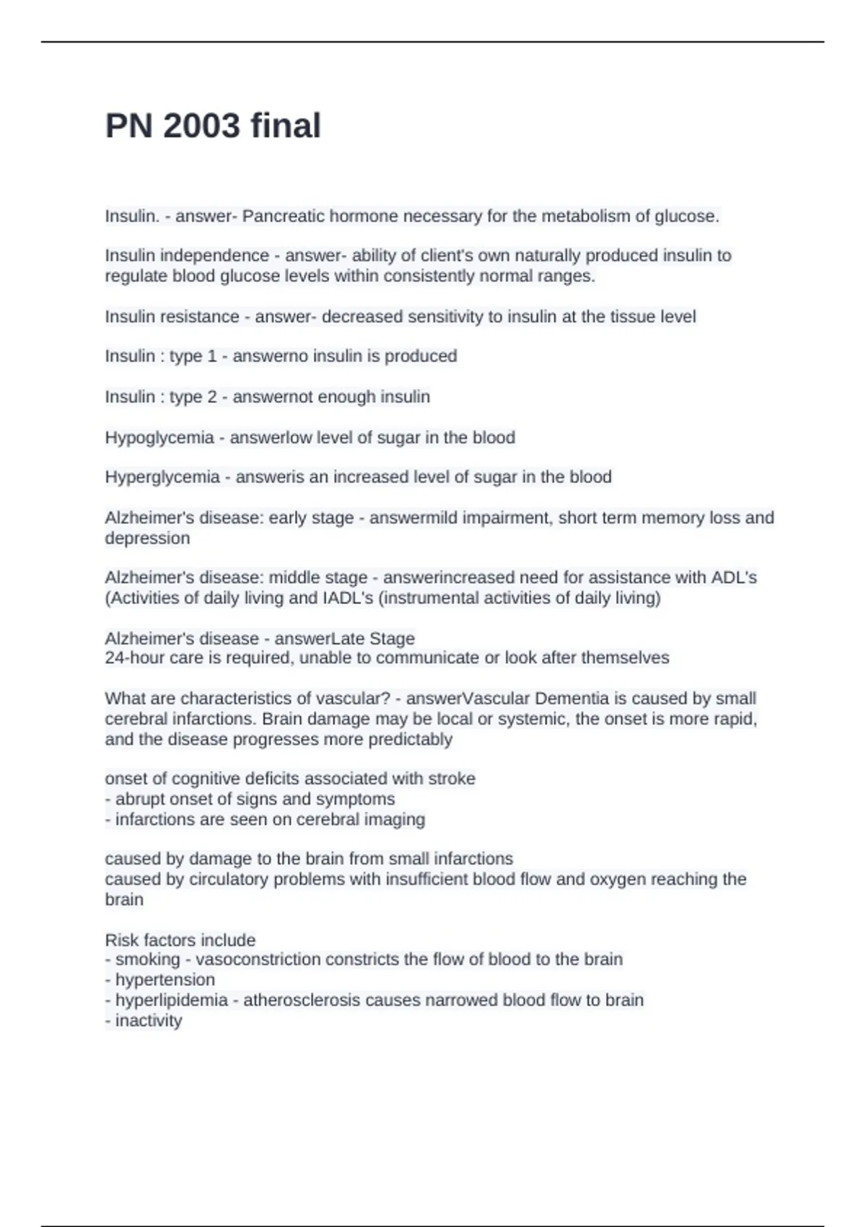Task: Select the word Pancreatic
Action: click(x=281, y=217)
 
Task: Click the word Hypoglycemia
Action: click(x=159, y=438)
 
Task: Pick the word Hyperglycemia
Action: click(x=162, y=477)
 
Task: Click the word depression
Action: click(x=147, y=538)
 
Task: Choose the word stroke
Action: click(x=452, y=779)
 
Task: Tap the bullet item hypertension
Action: click(x=165, y=980)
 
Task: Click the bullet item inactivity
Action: click(x=149, y=1021)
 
